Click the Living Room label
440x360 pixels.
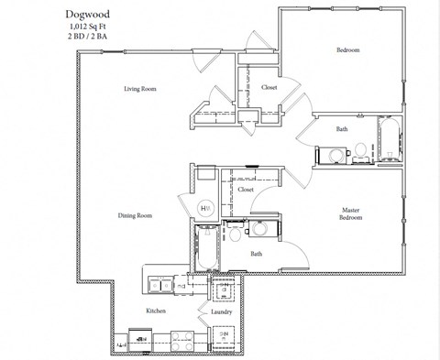coord(141,89)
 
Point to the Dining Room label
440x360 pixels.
coord(135,216)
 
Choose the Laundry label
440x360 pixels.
coord(221,311)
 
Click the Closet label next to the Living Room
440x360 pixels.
coord(269,87)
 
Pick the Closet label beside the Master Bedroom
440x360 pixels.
coord(246,190)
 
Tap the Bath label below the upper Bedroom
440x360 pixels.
coord(342,129)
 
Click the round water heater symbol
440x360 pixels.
coord(205,208)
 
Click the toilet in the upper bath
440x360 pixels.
coord(363,149)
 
